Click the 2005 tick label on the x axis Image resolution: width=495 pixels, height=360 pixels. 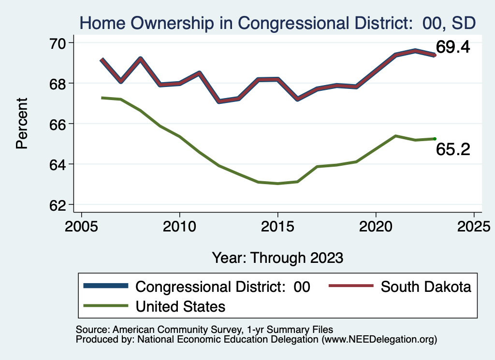click(81, 227)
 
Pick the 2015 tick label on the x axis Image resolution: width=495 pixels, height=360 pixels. click(277, 227)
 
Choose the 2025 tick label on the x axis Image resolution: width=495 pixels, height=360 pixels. click(474, 227)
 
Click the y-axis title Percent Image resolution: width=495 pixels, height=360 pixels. click(22, 124)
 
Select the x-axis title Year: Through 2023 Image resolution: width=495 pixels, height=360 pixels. click(277, 258)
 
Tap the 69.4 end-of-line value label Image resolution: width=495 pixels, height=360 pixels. click(453, 47)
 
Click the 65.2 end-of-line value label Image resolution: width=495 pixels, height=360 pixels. click(453, 150)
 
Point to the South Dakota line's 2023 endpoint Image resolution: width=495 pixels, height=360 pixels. click(435, 55)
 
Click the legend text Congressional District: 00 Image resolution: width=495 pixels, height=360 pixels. click(223, 287)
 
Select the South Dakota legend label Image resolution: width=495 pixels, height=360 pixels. click(426, 287)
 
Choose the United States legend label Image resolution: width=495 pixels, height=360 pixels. click(181, 306)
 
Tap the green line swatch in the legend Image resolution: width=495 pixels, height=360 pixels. click(106, 306)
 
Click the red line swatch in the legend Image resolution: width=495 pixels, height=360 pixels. click(351, 287)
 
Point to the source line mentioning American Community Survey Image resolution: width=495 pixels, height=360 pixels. click(204, 330)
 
